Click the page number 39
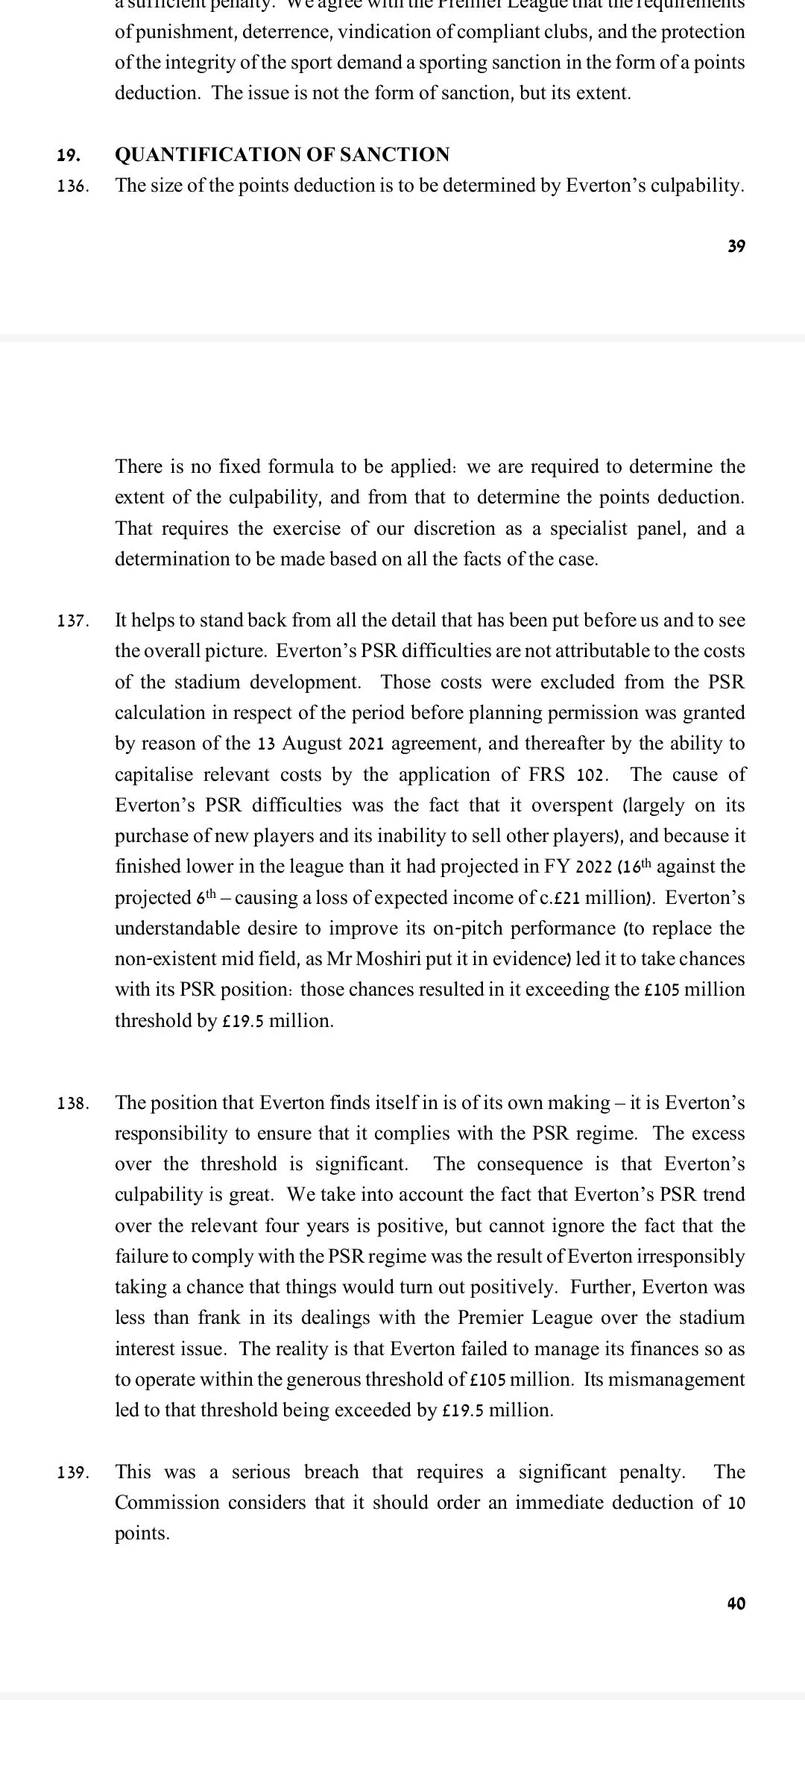click(x=736, y=247)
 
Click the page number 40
click(x=736, y=1604)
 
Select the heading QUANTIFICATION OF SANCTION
click(x=282, y=155)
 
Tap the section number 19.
click(x=69, y=156)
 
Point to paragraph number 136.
click(x=73, y=186)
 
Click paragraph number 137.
click(x=73, y=621)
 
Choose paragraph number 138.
click(x=73, y=1104)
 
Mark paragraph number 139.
click(x=73, y=1473)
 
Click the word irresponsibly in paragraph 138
click(x=690, y=1257)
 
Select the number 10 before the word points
click(x=736, y=1503)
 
